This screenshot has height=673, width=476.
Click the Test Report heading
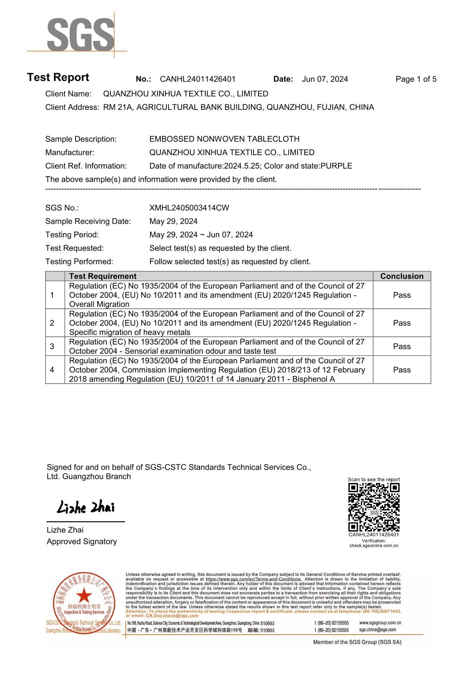click(x=58, y=77)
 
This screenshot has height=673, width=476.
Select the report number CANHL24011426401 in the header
click(x=198, y=79)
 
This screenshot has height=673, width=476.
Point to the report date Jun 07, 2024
click(x=325, y=79)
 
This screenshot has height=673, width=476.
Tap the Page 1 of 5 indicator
click(x=416, y=79)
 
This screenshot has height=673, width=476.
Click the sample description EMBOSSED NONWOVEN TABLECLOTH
click(x=224, y=139)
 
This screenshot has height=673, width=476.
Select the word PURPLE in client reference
click(x=336, y=166)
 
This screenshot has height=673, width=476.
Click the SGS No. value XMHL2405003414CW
click(x=189, y=208)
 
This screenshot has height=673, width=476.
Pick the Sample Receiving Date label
click(x=88, y=221)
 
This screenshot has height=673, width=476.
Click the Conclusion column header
click(x=402, y=276)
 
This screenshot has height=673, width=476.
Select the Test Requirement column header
click(x=103, y=276)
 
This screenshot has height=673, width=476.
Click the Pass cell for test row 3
click(x=402, y=346)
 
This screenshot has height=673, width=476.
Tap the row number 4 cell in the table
click(x=52, y=370)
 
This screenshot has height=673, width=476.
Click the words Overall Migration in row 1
click(x=99, y=304)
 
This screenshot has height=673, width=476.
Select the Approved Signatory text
click(x=82, y=542)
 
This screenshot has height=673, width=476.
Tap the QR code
click(x=374, y=507)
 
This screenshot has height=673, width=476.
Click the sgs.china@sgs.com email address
click(x=378, y=630)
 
